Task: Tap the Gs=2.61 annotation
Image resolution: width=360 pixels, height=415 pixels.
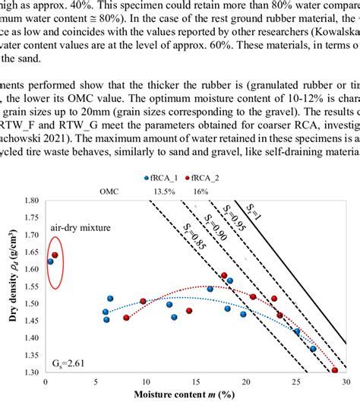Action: [69, 363]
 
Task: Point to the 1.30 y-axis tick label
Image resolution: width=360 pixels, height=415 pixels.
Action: [31, 372]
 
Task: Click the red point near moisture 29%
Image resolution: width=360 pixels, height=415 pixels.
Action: [335, 370]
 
